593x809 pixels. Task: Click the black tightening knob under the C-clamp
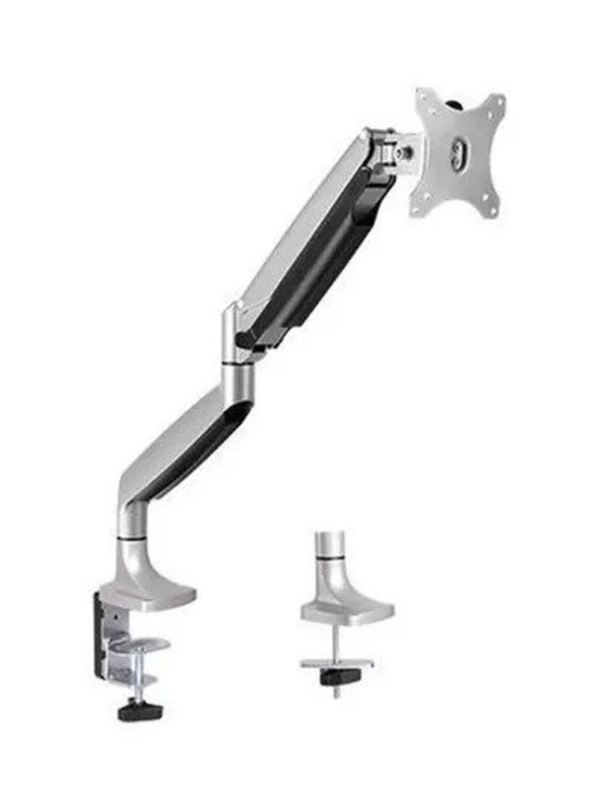pyautogui.click(x=134, y=712)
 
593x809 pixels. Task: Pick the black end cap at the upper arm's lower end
pyautogui.click(x=245, y=341)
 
